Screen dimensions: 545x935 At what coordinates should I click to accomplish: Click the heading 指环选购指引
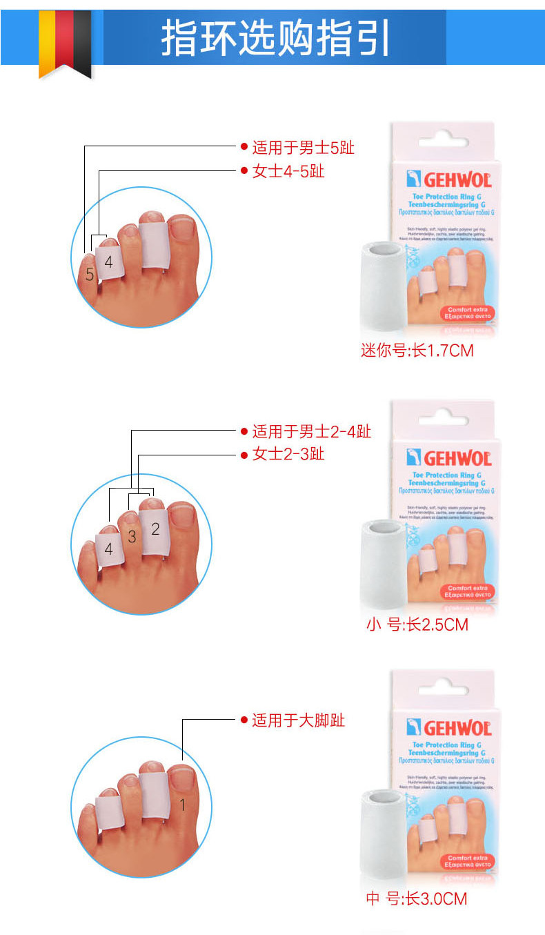275,38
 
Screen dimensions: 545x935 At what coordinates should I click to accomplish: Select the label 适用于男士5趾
303,147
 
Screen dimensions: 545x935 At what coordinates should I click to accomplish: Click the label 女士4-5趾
288,170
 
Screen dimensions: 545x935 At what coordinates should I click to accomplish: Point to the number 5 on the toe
90,275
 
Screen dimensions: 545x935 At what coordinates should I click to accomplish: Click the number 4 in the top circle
108,262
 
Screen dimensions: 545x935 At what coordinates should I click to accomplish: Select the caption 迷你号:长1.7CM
417,351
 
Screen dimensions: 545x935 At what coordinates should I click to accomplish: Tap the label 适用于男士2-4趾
311,431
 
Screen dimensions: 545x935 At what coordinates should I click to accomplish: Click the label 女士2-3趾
288,454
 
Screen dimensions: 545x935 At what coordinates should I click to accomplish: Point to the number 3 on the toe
132,537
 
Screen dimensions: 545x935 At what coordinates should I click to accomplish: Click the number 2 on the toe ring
155,529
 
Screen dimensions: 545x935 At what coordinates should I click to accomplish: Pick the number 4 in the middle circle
108,549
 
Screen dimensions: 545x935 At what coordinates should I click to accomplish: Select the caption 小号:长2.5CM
417,625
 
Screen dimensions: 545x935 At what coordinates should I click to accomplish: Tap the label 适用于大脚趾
298,720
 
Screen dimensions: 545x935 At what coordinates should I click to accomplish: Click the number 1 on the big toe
182,805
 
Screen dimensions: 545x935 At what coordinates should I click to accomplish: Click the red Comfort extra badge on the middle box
467,591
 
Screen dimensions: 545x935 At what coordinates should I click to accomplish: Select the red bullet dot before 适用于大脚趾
244,720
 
